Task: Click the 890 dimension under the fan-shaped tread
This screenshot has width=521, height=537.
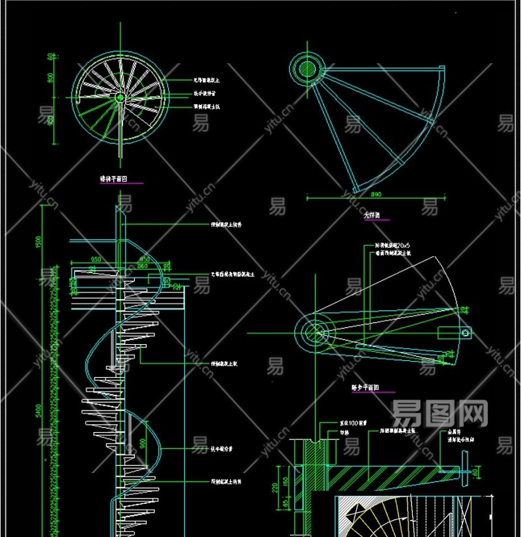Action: (376, 194)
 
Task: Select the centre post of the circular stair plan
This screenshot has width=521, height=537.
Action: (120, 98)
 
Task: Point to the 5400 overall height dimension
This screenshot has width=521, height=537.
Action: (40, 411)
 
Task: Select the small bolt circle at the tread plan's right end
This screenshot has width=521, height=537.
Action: (466, 332)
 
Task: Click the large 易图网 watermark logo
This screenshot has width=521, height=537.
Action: (440, 412)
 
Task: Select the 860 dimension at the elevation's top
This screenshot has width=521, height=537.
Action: (142, 266)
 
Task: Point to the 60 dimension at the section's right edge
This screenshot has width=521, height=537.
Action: (475, 471)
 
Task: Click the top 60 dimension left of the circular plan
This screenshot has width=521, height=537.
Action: (50, 57)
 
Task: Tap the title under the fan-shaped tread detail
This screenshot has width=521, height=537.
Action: (373, 214)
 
